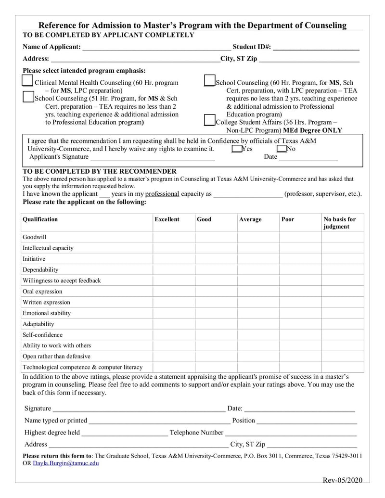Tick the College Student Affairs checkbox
209,120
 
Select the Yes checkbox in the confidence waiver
236,149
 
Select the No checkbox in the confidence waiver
282,149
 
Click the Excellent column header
167,219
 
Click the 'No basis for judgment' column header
340,223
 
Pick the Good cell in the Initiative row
216,259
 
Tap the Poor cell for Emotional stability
300,313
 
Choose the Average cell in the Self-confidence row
258,335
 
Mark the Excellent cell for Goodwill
174,237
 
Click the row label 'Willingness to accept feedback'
62,281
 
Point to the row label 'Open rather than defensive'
56,357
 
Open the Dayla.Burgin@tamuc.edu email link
66,463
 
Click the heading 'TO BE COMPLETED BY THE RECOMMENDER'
100,171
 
